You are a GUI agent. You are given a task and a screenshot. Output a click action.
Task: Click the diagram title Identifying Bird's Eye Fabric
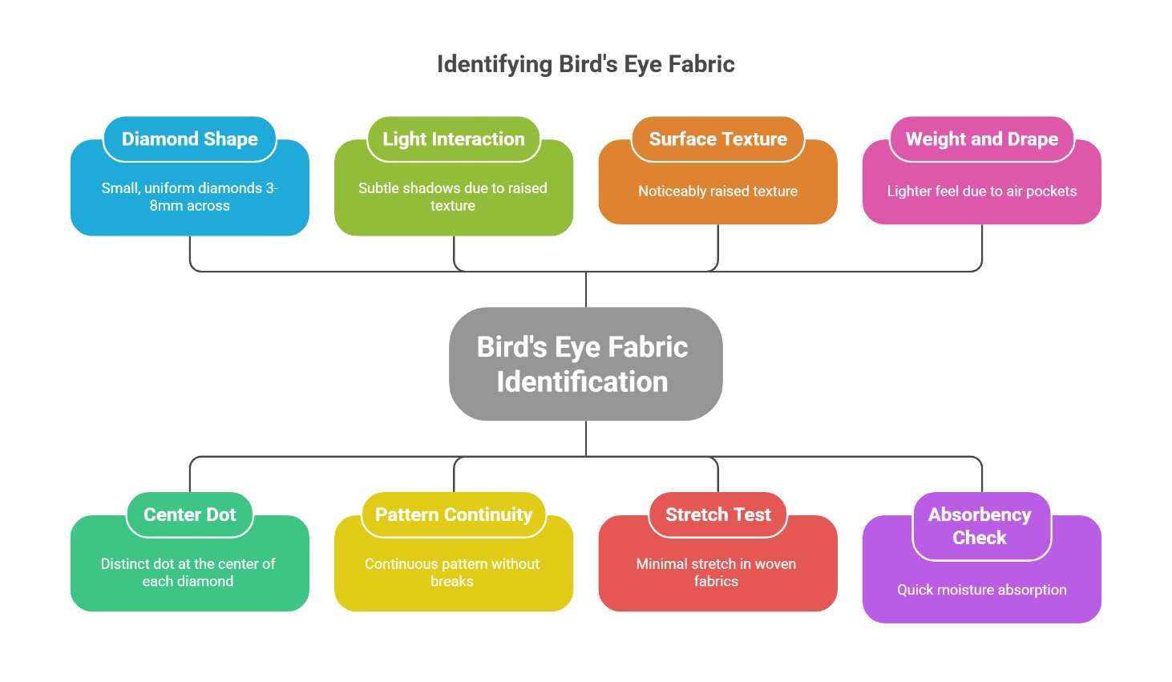(585, 64)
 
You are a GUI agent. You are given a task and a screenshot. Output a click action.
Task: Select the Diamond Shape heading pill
(190, 139)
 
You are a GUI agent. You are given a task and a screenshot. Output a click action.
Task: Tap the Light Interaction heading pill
(454, 139)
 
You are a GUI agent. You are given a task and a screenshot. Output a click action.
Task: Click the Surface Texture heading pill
(717, 139)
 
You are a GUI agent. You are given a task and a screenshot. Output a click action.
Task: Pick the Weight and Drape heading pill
(981, 139)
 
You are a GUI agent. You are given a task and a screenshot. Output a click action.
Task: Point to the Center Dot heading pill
(190, 515)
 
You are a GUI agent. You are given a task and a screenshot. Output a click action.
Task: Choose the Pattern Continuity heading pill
(454, 515)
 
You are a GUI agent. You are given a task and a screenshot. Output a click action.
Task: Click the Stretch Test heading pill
(717, 515)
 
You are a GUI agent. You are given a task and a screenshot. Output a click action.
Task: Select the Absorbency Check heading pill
(980, 526)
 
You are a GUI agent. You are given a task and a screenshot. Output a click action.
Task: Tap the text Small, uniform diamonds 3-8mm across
(189, 197)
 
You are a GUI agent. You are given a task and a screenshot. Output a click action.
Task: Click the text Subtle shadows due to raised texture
(453, 197)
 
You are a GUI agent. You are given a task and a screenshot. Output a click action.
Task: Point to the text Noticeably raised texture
(717, 192)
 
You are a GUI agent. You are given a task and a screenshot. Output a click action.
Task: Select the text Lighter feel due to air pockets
(981, 192)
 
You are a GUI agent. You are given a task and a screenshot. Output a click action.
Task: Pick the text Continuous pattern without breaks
(452, 572)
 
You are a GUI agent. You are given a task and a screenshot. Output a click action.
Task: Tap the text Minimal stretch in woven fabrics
(716, 572)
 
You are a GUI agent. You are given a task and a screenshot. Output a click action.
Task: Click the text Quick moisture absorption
(981, 590)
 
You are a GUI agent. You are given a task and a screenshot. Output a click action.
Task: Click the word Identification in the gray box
(582, 382)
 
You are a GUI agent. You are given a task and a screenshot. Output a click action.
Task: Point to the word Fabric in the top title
(701, 64)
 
